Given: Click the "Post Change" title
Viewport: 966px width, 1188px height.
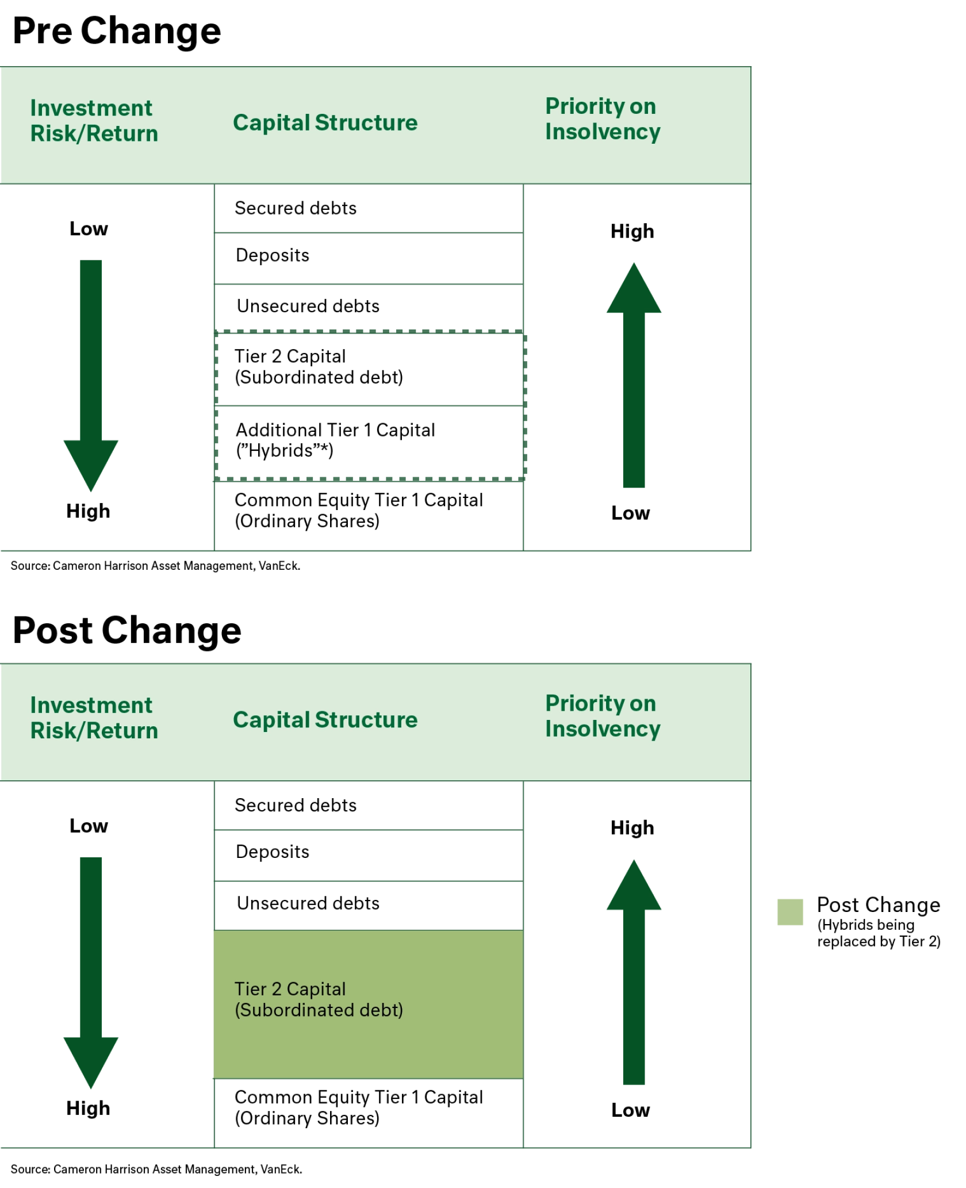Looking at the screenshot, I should [x=128, y=630].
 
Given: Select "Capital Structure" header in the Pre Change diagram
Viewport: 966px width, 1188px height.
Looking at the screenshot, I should [x=325, y=122].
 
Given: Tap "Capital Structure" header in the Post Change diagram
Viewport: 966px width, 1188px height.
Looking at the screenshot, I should [x=325, y=720].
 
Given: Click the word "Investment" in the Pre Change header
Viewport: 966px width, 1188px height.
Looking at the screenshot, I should [x=91, y=108].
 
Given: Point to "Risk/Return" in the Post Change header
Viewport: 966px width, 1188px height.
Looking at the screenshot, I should [x=94, y=731].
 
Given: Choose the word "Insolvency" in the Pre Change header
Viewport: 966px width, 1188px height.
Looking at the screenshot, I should [x=603, y=132].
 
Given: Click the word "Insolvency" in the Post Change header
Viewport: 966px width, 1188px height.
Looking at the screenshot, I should [x=603, y=729].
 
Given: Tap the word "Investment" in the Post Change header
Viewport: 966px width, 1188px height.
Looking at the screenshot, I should [x=91, y=706].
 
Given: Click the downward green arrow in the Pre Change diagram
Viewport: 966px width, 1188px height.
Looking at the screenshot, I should [x=91, y=374].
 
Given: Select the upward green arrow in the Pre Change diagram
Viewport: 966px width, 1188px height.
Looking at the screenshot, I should [x=633, y=374].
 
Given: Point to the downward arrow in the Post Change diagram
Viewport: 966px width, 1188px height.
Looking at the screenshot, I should [x=91, y=972].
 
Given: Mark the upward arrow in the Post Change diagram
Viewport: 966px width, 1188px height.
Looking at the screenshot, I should [x=633, y=972].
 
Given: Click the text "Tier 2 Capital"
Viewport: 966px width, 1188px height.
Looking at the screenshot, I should [x=290, y=989].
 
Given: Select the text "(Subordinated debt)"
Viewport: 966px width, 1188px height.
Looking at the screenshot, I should [x=319, y=1010].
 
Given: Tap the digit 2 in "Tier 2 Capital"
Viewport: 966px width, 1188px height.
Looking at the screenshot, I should [x=277, y=989].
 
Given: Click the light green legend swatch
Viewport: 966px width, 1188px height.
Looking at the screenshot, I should [x=788, y=913].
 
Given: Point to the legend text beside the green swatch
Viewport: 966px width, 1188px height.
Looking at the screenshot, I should [x=877, y=921].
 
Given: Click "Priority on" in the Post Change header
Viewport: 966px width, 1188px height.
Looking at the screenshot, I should [x=600, y=704].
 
